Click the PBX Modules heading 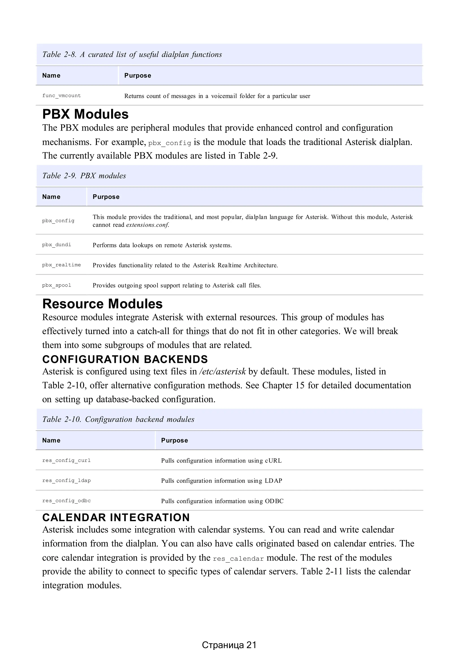tap(85, 114)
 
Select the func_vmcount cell tap(61, 96)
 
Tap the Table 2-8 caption tap(132, 54)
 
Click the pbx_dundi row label tap(56, 245)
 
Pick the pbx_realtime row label tap(61, 265)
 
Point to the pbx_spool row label tap(56, 285)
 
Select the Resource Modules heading tap(102, 304)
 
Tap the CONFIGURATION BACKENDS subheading tap(125, 359)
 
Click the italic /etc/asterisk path tap(222, 371)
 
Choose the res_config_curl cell tap(66, 460)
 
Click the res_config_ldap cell tap(66, 480)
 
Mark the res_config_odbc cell tap(66, 501)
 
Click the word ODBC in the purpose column tap(274, 501)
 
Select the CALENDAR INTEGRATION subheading tap(116, 518)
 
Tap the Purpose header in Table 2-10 tap(174, 440)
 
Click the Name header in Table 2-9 tap(51, 197)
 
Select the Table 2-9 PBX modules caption tap(84, 176)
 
